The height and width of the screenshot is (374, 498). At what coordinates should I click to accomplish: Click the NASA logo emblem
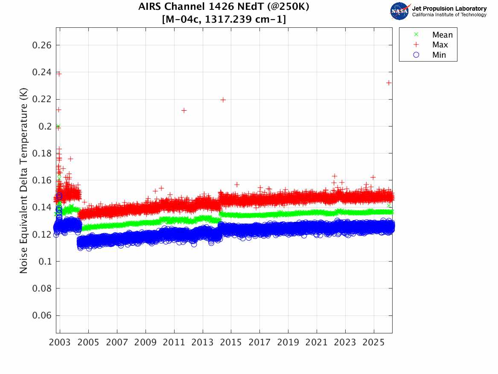tap(399, 11)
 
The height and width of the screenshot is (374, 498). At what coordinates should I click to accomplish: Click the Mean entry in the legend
tap(442, 35)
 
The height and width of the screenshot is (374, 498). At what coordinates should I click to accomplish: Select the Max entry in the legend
tap(440, 45)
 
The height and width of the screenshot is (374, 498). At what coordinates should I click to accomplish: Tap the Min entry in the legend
tap(439, 55)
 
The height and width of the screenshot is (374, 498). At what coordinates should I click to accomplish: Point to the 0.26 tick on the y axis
tap(42, 45)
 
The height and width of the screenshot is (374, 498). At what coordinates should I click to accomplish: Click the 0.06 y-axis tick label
tap(42, 315)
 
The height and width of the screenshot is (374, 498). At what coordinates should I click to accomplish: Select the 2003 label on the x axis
tap(60, 342)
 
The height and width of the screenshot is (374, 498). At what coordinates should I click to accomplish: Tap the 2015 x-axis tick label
tap(231, 342)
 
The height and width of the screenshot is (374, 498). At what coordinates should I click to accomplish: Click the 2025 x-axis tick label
tap(373, 342)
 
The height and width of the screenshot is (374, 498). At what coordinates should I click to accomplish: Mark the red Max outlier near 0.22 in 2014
tap(223, 100)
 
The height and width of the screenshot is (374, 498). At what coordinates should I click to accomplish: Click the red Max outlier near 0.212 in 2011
tap(184, 110)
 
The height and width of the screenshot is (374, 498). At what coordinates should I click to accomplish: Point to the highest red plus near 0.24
tap(59, 74)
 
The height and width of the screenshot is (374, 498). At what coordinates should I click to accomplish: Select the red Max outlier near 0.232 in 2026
tap(389, 82)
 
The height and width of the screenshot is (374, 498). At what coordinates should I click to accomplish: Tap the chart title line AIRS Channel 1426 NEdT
tap(224, 7)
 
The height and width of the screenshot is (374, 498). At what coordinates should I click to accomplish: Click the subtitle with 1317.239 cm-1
tap(224, 20)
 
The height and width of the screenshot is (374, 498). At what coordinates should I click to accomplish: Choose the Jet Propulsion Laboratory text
tap(449, 8)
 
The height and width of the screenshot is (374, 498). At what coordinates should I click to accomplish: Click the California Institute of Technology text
tap(449, 15)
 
